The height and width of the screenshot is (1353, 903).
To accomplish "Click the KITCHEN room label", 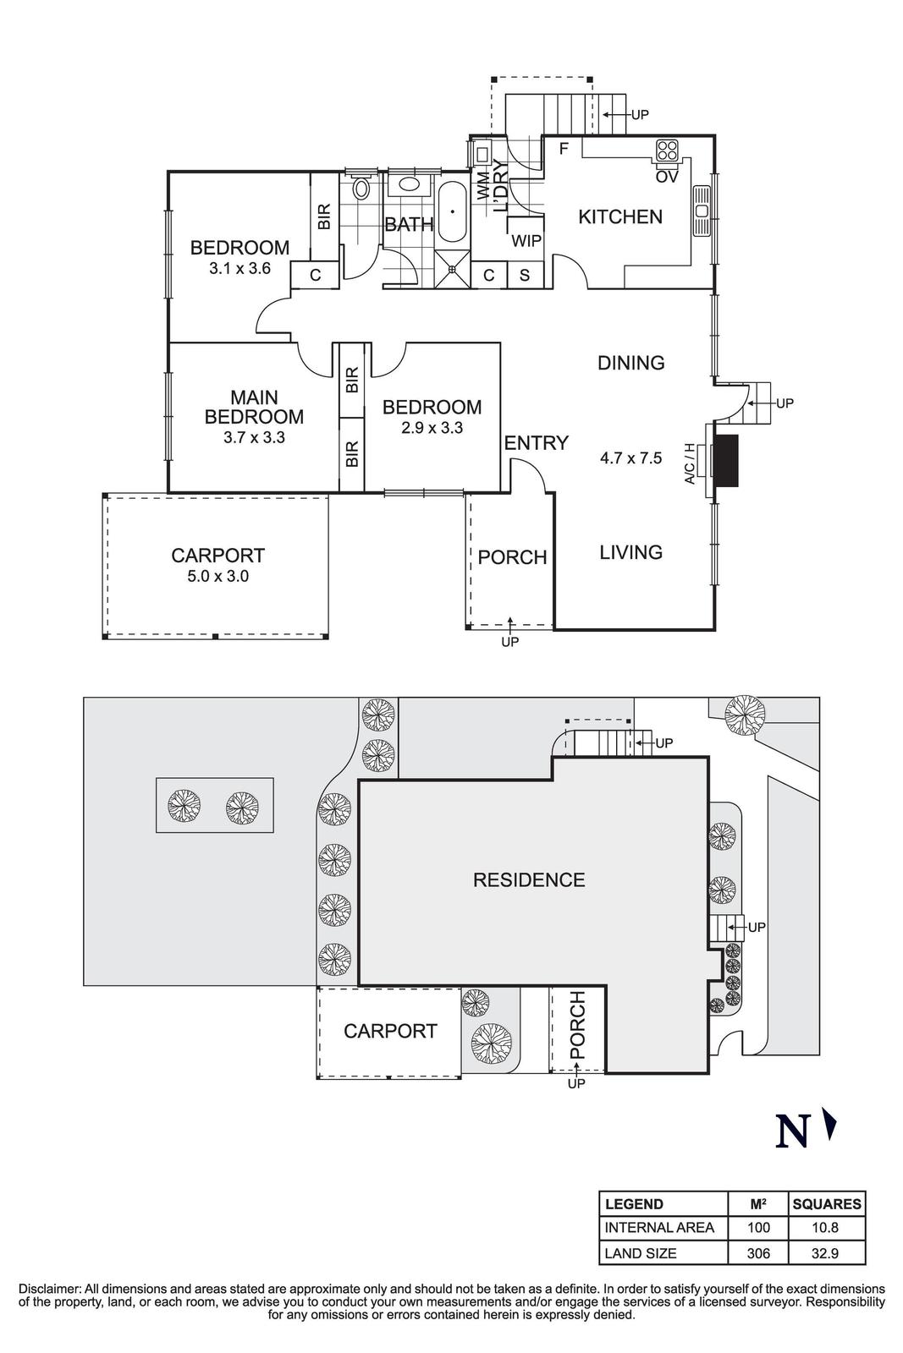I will coord(619,216).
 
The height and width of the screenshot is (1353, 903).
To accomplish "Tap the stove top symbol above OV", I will coord(667,151).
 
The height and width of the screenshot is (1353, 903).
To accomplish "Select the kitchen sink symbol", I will coord(702,211).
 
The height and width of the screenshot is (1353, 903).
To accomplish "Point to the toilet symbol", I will coord(361,187).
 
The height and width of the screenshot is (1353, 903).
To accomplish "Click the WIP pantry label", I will coord(526,241).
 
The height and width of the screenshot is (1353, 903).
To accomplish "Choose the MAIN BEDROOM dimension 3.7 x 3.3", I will coord(254,438).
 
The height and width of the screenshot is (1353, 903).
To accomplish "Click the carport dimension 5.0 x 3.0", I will coord(217,577).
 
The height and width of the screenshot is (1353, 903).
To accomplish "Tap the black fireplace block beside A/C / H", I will coord(727,460).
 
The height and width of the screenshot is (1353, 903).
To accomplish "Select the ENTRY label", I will coord(537,442).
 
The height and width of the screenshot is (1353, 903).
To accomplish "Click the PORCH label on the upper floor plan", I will coord(512,557).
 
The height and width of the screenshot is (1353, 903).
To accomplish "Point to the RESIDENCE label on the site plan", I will coord(529,880).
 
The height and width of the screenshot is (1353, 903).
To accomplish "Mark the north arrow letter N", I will coord(792,1132).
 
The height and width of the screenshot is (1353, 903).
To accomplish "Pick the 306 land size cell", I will coord(758,1253).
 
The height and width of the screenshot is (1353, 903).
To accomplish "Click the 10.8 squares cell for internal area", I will coord(826,1227).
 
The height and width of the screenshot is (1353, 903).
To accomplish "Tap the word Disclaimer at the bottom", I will coord(49,1290).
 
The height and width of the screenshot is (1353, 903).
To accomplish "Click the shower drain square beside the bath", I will coord(453,270).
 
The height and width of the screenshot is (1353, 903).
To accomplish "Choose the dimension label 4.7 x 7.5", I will coord(630,459).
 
